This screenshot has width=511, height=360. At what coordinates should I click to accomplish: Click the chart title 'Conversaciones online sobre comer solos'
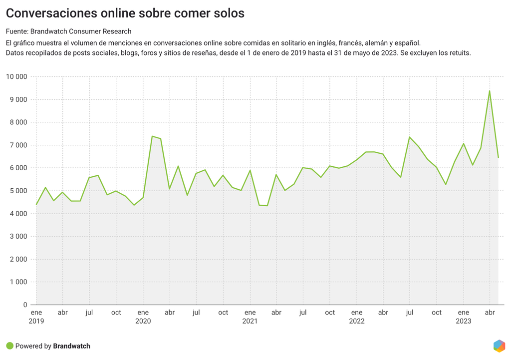click(125, 13)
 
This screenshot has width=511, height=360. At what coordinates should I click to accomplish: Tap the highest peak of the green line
click(490, 91)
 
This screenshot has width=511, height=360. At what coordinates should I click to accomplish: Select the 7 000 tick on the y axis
click(18, 145)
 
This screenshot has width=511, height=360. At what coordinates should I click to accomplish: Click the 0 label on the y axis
click(25, 305)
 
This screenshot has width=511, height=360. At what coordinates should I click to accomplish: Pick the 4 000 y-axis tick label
click(18, 214)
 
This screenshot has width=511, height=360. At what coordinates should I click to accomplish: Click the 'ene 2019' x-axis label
click(36, 317)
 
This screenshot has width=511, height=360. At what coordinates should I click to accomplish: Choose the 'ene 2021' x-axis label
click(250, 317)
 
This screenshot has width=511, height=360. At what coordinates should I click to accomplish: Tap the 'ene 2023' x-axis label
click(463, 317)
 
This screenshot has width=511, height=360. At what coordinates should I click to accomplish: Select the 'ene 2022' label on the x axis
click(356, 317)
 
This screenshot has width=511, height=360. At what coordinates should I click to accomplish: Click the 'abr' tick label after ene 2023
click(490, 313)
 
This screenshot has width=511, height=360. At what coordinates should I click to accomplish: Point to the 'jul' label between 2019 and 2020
click(89, 313)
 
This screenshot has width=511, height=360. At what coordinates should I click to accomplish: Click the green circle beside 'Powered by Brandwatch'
click(9, 346)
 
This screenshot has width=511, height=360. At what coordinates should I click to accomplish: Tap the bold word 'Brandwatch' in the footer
click(71, 346)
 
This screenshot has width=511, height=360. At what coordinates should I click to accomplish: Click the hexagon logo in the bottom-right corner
click(499, 346)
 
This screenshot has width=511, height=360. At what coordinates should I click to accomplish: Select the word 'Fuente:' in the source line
click(17, 31)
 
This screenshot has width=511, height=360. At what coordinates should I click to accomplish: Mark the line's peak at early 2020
click(152, 136)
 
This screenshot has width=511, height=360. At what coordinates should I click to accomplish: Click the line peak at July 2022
click(409, 137)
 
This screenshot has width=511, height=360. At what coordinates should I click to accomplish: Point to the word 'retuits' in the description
click(459, 52)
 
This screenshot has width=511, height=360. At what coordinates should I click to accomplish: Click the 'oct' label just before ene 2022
click(330, 313)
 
